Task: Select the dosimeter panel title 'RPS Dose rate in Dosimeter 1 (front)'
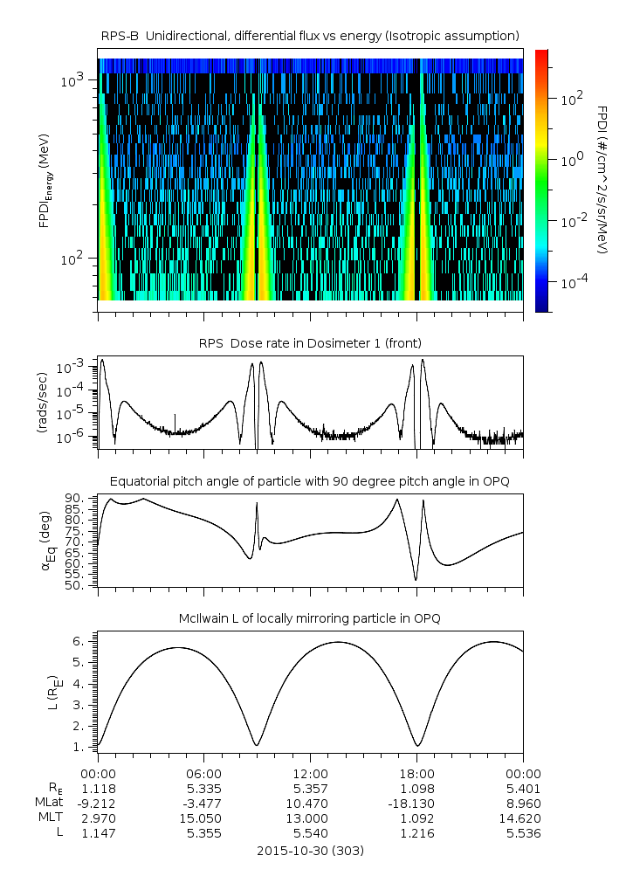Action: click(x=310, y=342)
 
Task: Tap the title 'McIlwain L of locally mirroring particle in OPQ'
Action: click(x=310, y=618)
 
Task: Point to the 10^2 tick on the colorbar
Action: click(x=571, y=99)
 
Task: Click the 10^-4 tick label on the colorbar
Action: click(x=571, y=284)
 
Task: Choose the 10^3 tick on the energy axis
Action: click(x=71, y=80)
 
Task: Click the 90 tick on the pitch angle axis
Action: click(x=77, y=498)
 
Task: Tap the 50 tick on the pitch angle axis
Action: click(x=77, y=585)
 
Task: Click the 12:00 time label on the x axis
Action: click(x=310, y=773)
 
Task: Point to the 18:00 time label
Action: click(x=416, y=773)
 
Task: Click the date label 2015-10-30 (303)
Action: click(x=310, y=851)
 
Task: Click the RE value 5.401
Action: click(x=523, y=789)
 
